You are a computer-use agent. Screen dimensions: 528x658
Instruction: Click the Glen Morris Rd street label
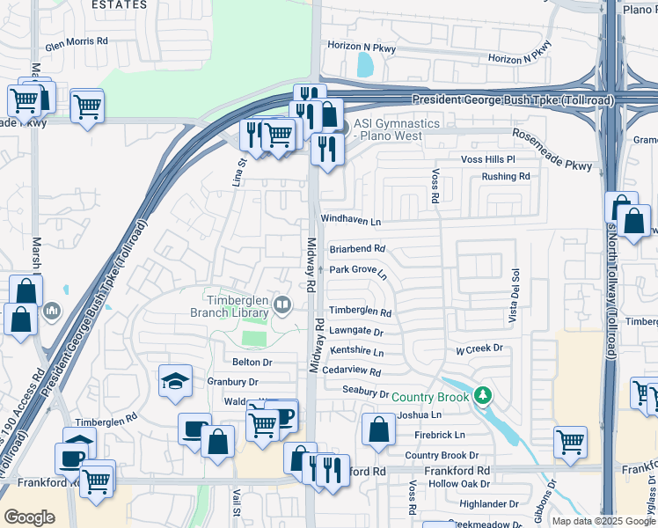(x=77, y=41)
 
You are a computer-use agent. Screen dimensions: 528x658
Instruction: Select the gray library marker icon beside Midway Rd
(x=282, y=305)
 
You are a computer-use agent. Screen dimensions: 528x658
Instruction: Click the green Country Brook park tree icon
(x=481, y=396)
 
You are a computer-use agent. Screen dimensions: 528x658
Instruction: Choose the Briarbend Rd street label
(x=357, y=249)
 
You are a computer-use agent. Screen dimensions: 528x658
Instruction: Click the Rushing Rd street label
(x=506, y=176)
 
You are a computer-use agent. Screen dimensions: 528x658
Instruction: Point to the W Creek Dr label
(x=479, y=348)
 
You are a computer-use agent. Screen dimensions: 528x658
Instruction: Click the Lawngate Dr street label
(x=356, y=332)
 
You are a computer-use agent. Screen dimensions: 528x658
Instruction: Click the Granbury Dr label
(x=232, y=382)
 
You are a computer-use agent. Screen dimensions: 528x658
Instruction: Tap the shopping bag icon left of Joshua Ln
(x=378, y=430)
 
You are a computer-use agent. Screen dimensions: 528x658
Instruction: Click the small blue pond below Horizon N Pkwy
(x=365, y=64)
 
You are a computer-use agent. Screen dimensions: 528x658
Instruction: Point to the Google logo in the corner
(x=29, y=517)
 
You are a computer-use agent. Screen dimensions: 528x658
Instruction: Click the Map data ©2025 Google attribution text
(x=603, y=521)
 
